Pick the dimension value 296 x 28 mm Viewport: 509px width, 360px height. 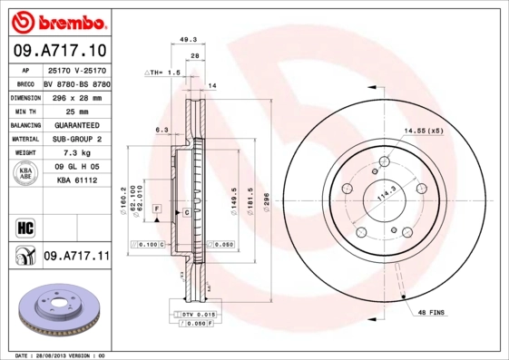point(75,96)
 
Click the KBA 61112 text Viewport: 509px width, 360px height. point(75,181)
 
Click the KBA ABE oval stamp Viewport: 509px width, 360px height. point(26,174)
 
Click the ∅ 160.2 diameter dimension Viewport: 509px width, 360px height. point(122,194)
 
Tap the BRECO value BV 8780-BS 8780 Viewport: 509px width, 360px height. point(75,83)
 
